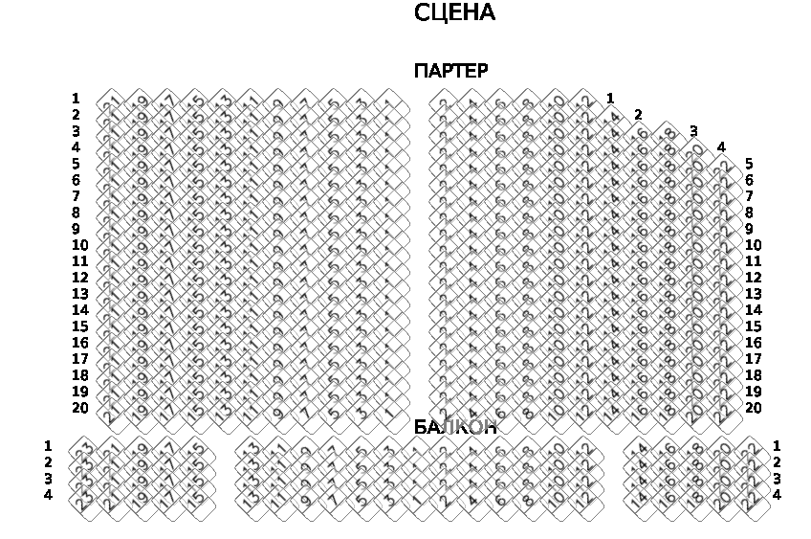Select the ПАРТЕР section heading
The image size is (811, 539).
[x=450, y=71]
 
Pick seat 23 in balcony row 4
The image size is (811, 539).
[x=84, y=499]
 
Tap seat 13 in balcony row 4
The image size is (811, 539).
[x=251, y=499]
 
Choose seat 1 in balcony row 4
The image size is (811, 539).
[x=417, y=499]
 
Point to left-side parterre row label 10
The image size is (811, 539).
[x=80, y=245]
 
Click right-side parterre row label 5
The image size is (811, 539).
[x=749, y=164]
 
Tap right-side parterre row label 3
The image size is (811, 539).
[x=693, y=131]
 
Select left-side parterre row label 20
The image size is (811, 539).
[x=80, y=408]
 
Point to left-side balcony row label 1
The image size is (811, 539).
[x=48, y=446]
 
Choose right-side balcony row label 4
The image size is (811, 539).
[x=777, y=495]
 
